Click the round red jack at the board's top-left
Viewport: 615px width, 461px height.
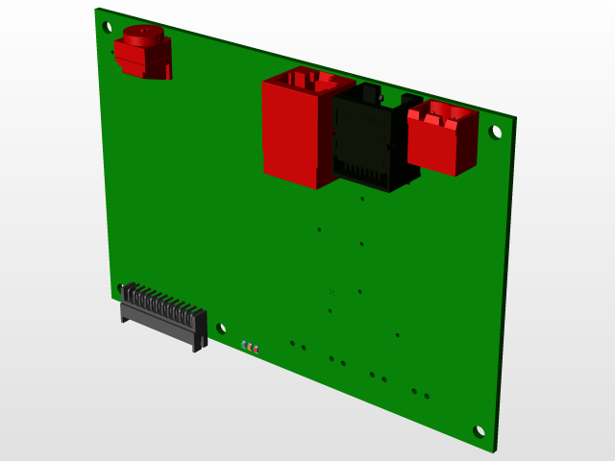pos(143,54)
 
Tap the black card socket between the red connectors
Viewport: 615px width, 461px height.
pos(370,139)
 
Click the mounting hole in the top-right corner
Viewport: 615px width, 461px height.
pos(496,131)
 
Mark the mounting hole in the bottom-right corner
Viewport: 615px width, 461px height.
pos(480,431)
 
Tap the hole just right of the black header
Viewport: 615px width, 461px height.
pos(222,328)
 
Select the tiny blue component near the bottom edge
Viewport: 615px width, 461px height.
pos(244,343)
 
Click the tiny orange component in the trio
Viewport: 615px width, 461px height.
pos(251,346)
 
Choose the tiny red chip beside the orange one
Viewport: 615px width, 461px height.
pos(257,349)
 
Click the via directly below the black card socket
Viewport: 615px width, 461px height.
pos(361,199)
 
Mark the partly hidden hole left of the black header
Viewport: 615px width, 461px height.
pos(119,286)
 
